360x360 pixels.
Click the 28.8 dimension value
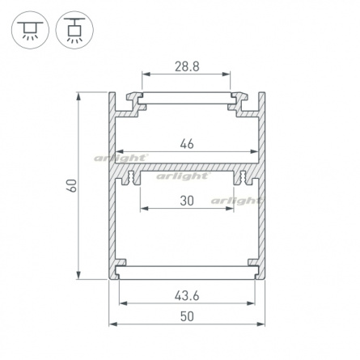pos(187,66)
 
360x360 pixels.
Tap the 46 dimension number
pos(187,144)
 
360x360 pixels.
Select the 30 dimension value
pos(187,201)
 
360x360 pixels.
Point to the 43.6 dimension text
pos(187,296)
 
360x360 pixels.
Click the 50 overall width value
pos(187,316)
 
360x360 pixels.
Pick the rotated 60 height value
pos(72,185)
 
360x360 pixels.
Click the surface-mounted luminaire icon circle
pos(30,30)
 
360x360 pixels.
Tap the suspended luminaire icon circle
pos(74,30)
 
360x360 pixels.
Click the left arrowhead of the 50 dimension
pos(112,324)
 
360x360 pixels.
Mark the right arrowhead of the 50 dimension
pos(261,324)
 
